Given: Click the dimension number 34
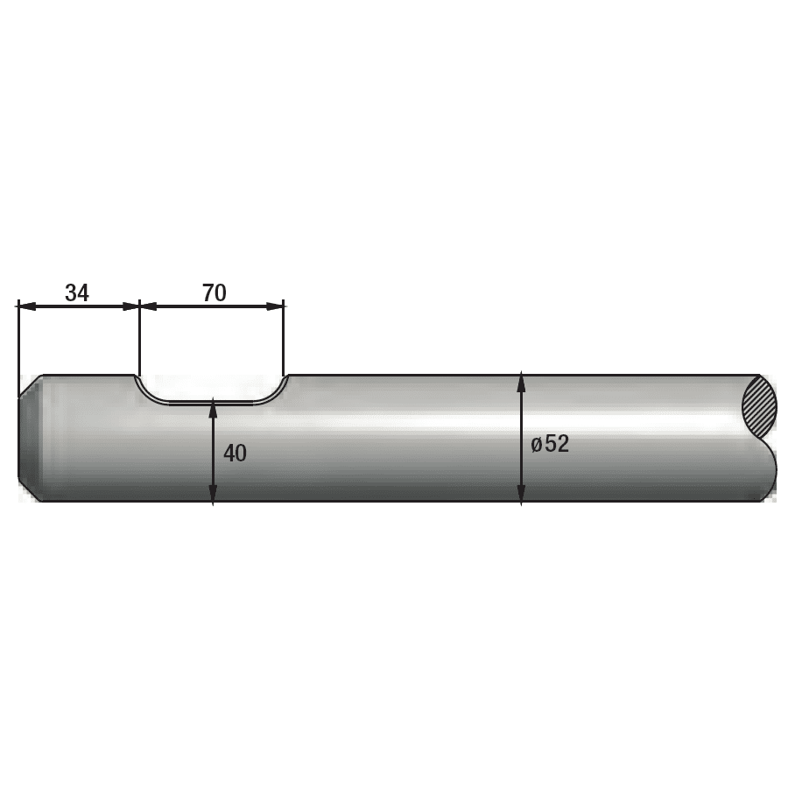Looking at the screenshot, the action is (77, 292).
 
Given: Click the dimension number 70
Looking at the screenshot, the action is (215, 292).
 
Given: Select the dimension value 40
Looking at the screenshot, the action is (235, 454).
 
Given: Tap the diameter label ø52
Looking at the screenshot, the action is (551, 444).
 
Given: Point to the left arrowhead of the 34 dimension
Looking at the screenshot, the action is (26, 306).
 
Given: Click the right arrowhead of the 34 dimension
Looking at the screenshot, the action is (130, 306).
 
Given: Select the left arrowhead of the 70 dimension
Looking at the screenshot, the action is (149, 306).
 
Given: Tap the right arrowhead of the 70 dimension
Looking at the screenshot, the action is (274, 306).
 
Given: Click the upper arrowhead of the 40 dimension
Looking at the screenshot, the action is (213, 408).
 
